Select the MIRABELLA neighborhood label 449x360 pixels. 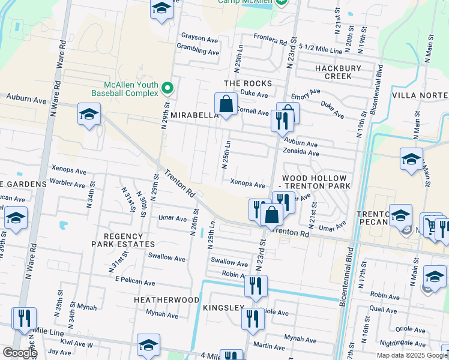(x=193, y=115)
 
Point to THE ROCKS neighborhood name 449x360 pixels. (x=247, y=83)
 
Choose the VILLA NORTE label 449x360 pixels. (x=420, y=95)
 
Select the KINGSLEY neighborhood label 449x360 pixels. (x=223, y=308)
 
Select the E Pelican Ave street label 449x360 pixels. (x=135, y=283)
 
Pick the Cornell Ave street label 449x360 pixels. (x=253, y=112)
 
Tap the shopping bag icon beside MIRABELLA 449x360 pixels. (x=225, y=104)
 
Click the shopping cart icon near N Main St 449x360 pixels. (x=430, y=226)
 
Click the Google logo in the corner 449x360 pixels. (x=19, y=353)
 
